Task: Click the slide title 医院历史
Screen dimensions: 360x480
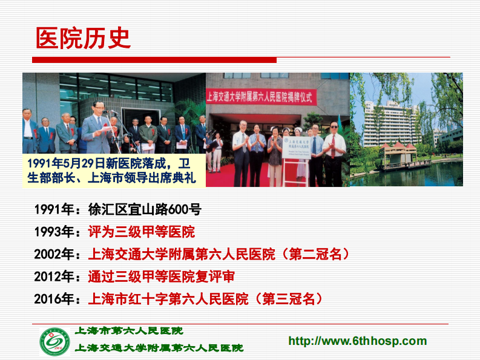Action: (x=83, y=38)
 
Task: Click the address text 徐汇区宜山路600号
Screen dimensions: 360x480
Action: (x=145, y=209)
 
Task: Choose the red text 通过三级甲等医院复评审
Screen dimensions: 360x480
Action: (x=162, y=277)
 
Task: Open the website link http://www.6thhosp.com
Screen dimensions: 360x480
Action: (x=357, y=341)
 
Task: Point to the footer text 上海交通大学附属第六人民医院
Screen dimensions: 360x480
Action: (x=159, y=348)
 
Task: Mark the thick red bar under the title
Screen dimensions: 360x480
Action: (x=154, y=60)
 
